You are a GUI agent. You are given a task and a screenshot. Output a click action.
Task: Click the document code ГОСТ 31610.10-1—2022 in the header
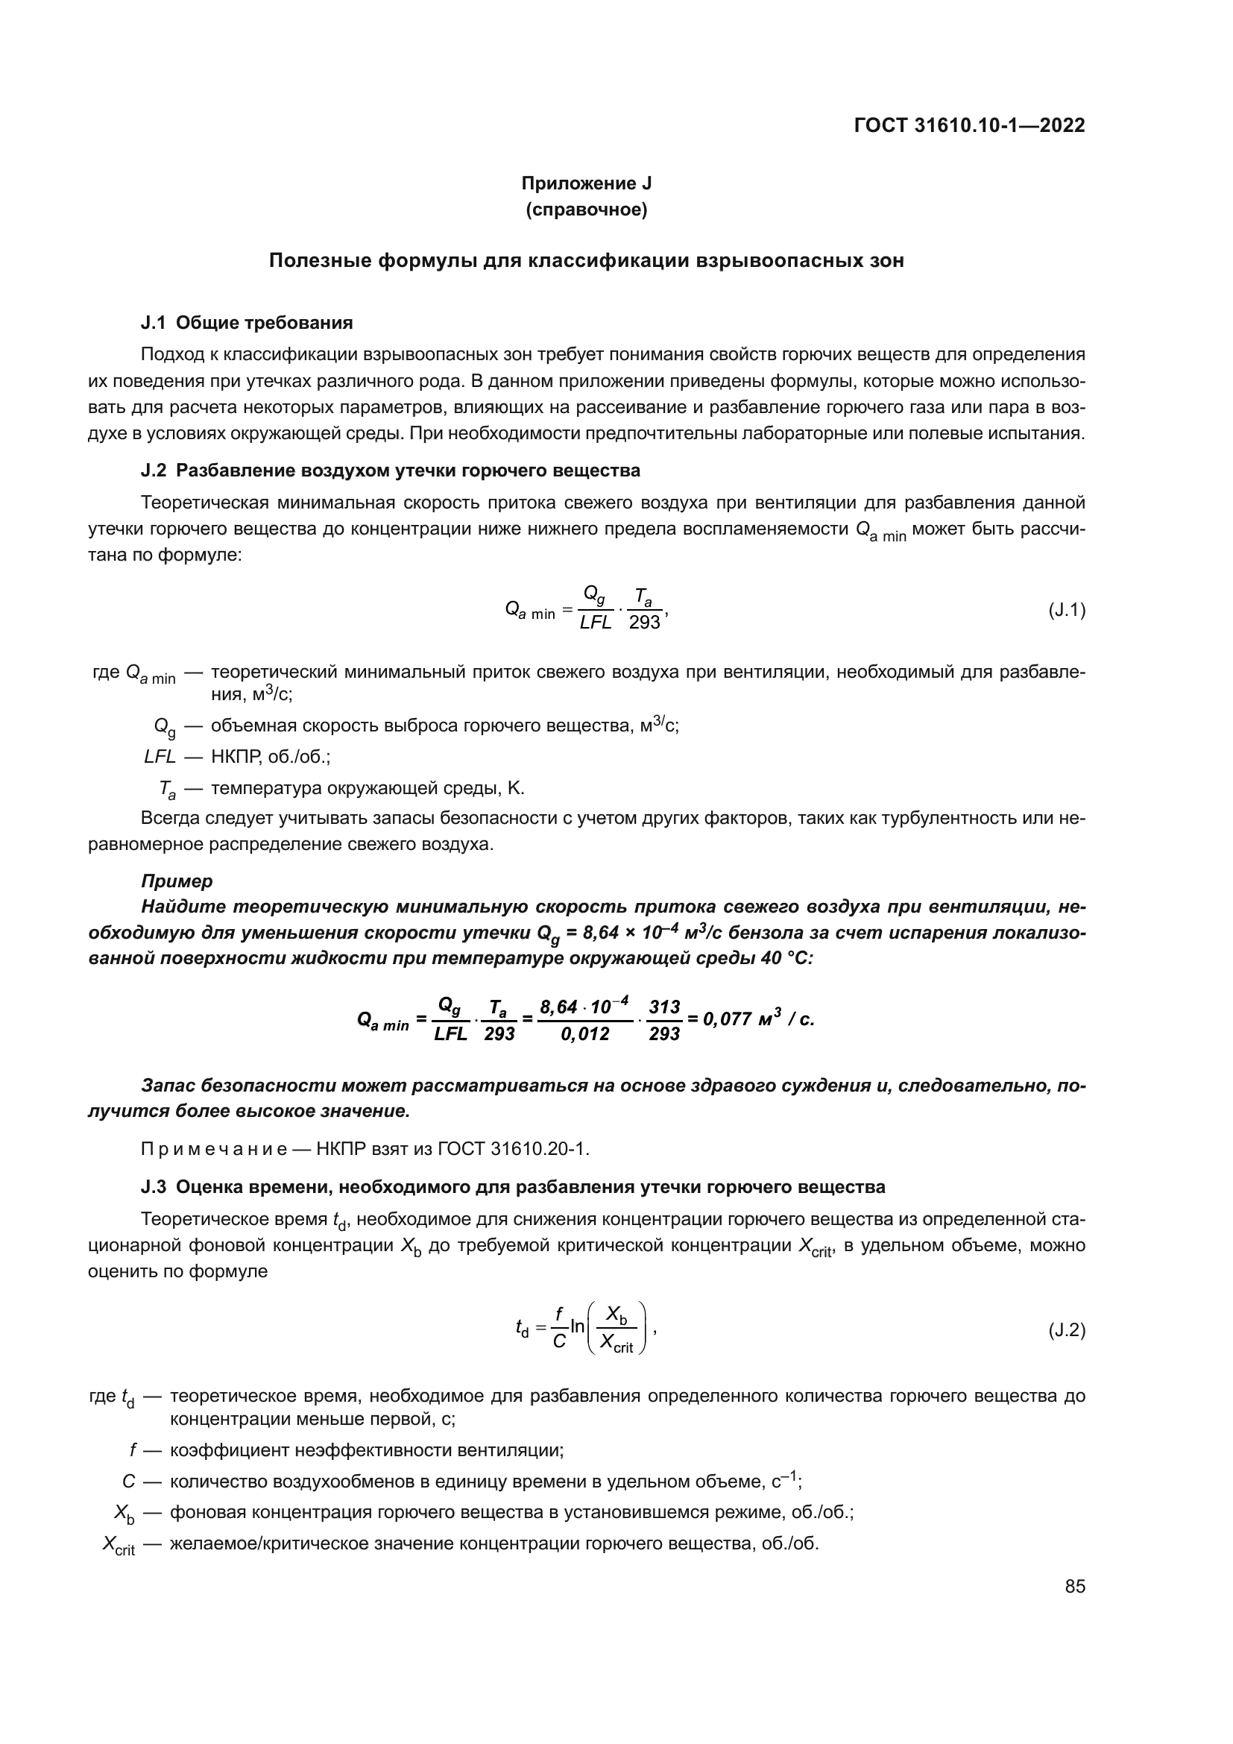[x=970, y=125]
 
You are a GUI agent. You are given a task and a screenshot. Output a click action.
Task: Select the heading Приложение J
[x=586, y=183]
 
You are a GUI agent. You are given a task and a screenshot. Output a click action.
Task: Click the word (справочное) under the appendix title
[x=586, y=210]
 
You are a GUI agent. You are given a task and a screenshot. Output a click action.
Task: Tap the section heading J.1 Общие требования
[x=247, y=323]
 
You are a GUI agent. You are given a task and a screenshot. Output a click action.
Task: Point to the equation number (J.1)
[x=1067, y=610]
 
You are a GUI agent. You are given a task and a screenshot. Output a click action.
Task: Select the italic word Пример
[x=177, y=881]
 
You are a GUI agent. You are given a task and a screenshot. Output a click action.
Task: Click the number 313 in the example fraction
[x=664, y=1007]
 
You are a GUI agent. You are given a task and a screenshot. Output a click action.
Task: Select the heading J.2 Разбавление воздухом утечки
[x=390, y=470]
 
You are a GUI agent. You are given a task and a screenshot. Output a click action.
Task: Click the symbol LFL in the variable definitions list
[x=160, y=757]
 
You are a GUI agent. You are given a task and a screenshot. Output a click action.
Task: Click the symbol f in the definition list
[x=133, y=1450]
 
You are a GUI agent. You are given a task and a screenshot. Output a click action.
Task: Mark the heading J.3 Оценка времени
[x=512, y=1186]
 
